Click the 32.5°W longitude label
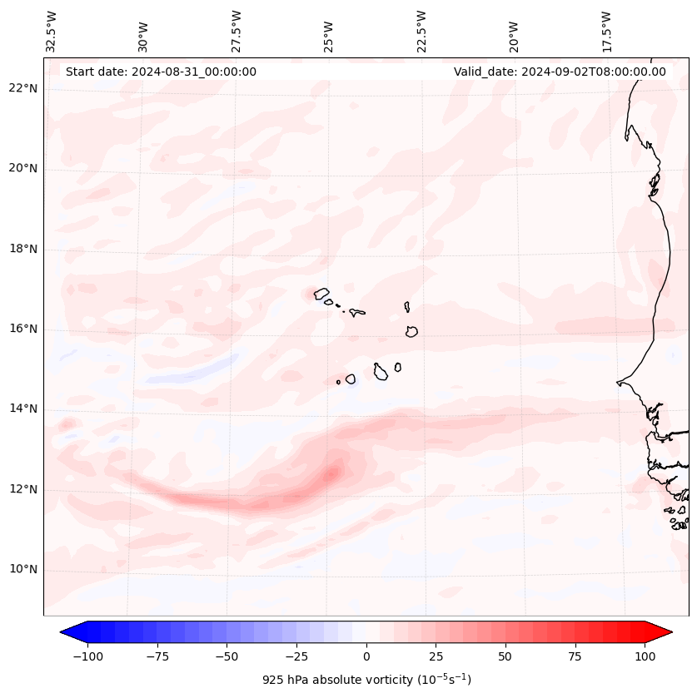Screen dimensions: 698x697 (x=52, y=31)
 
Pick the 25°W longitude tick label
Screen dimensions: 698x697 (x=330, y=32)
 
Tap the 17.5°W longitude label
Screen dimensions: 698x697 (x=606, y=31)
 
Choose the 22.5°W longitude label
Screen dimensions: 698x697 (x=421, y=31)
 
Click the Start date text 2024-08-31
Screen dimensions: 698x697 (x=161, y=72)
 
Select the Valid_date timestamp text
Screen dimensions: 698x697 (x=560, y=72)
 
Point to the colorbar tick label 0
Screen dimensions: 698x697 (x=366, y=656)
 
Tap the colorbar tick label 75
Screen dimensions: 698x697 (x=575, y=656)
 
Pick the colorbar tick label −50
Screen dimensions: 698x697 (x=227, y=656)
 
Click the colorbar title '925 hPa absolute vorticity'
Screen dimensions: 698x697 (x=366, y=680)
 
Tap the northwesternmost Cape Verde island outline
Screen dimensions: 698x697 (x=321, y=293)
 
